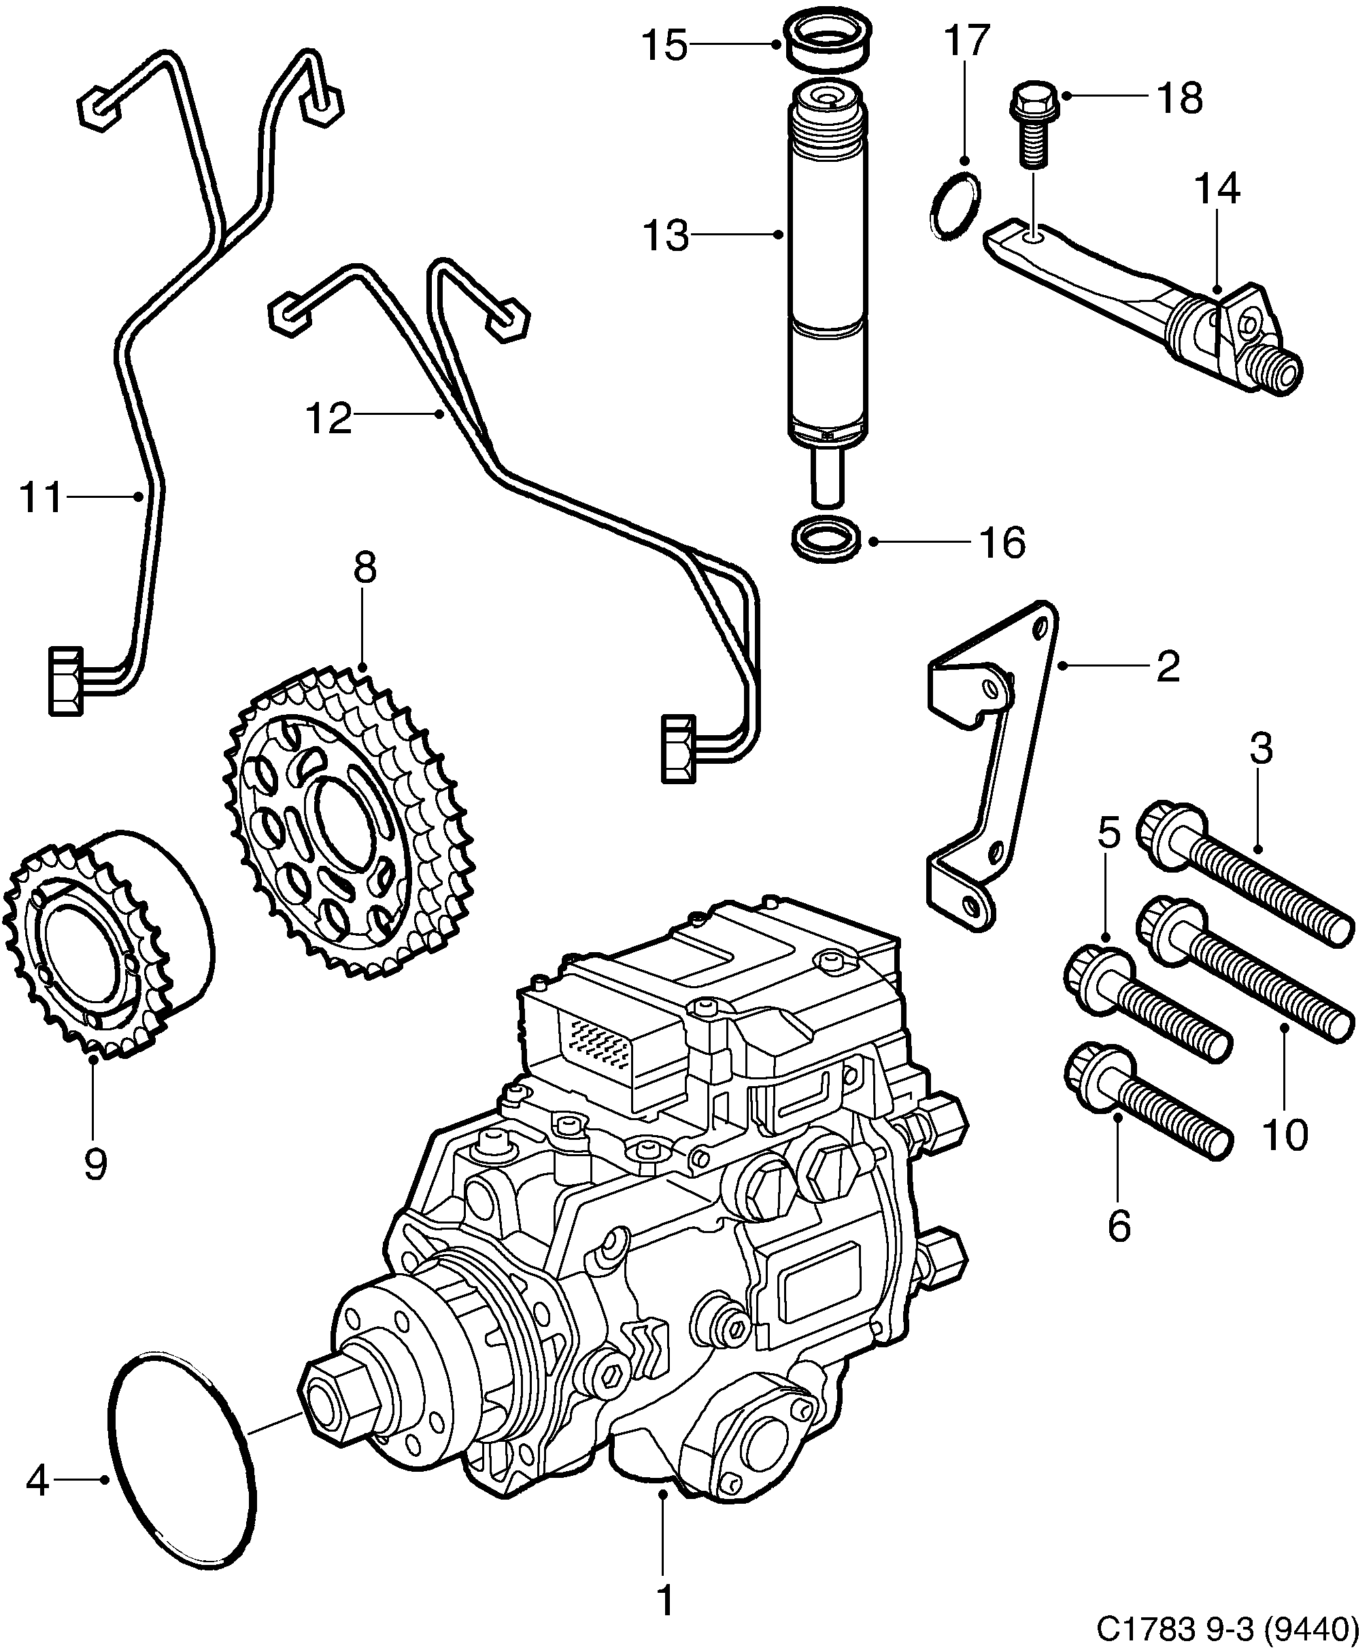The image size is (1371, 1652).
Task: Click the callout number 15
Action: tap(664, 46)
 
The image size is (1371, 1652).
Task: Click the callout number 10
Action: tap(1285, 1135)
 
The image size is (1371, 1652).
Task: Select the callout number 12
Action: tap(328, 418)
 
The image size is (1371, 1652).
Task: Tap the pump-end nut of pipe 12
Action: tap(678, 748)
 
